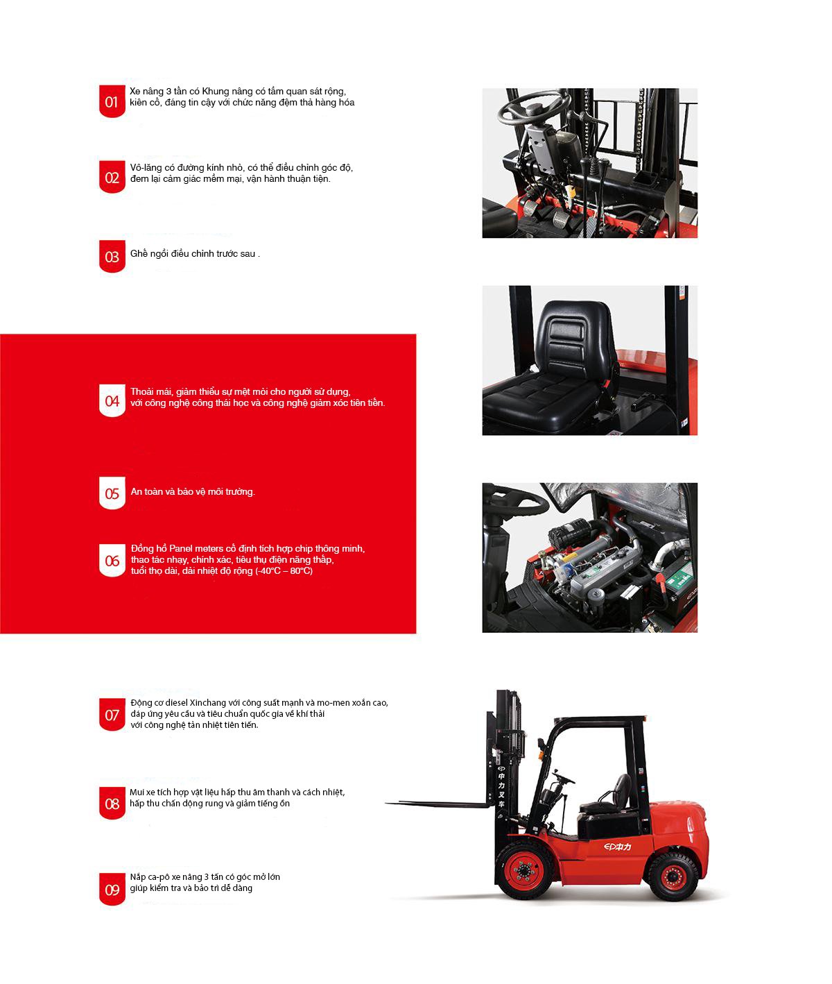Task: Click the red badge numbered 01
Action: pos(112,101)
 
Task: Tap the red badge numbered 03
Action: pos(112,257)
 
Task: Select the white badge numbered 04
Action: pos(112,400)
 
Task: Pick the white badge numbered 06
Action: pos(112,561)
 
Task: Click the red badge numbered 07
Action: pos(112,714)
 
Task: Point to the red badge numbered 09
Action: pos(112,889)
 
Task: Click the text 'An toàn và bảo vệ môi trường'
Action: pos(193,491)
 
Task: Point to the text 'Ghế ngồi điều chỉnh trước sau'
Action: pos(193,253)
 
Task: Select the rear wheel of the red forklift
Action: pos(672,876)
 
